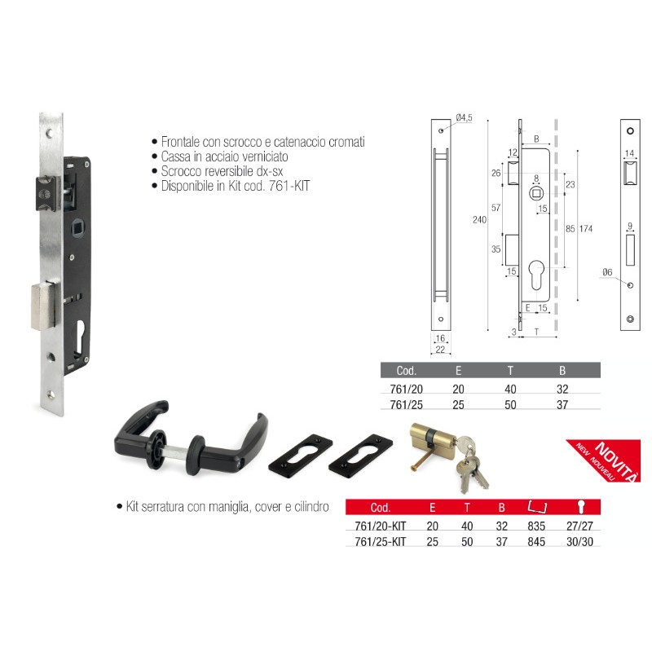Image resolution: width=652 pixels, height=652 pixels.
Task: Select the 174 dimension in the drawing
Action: tap(585, 229)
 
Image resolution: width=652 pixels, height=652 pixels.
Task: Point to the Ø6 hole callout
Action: tap(606, 272)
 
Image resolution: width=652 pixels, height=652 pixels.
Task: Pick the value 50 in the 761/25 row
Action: tap(510, 403)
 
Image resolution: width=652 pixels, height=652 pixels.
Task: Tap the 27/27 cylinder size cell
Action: tap(583, 526)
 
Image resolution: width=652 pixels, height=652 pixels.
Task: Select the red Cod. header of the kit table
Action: tap(381, 507)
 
